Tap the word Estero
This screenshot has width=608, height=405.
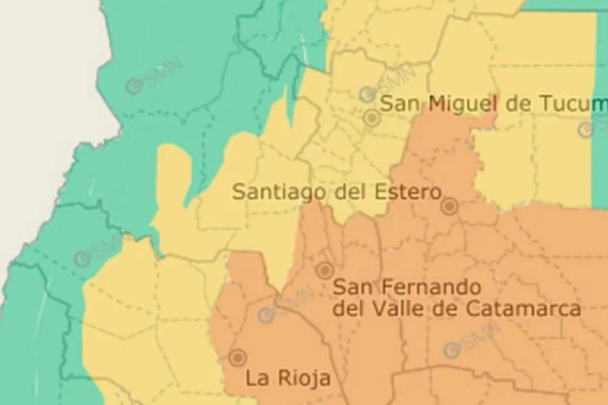pyautogui.click(x=405, y=191)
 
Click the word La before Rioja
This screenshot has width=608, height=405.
pyautogui.click(x=257, y=377)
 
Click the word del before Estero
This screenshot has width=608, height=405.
pyautogui.click(x=352, y=191)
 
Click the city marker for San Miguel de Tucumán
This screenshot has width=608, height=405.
pyautogui.click(x=372, y=119)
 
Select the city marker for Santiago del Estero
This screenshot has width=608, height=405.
pyautogui.click(x=449, y=206)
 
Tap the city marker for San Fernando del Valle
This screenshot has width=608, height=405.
pyautogui.click(x=325, y=271)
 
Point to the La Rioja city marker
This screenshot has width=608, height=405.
pyautogui.click(x=237, y=358)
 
